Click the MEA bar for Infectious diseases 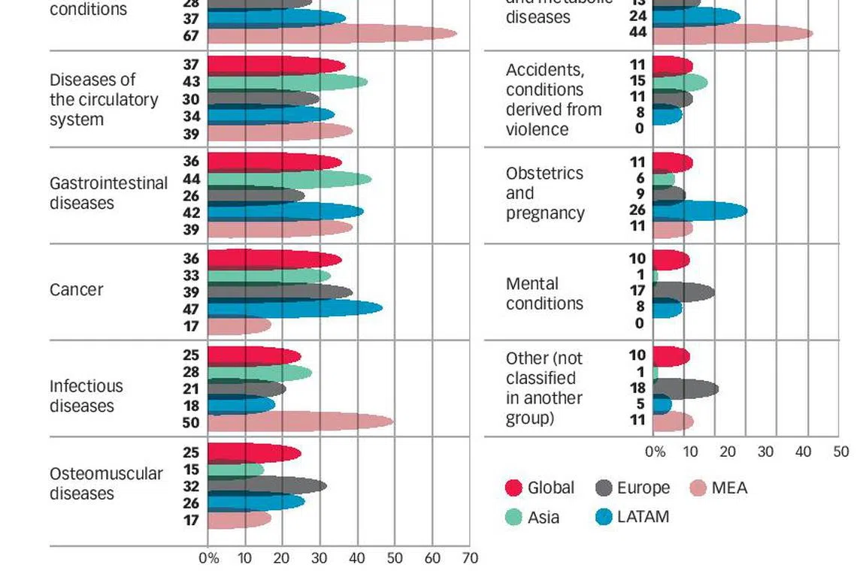[301, 422]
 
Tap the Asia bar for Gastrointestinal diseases [289, 179]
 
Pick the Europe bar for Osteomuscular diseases [267, 486]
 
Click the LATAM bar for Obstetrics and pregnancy [700, 210]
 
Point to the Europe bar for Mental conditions [683, 291]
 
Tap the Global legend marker [514, 488]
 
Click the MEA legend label [729, 488]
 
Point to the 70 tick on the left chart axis [470, 558]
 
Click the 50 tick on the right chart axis [840, 452]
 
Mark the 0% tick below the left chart [208, 558]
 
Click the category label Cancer [77, 290]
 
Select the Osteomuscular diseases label [106, 484]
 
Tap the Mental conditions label [544, 294]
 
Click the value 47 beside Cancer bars [191, 309]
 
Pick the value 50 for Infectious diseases [191, 423]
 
